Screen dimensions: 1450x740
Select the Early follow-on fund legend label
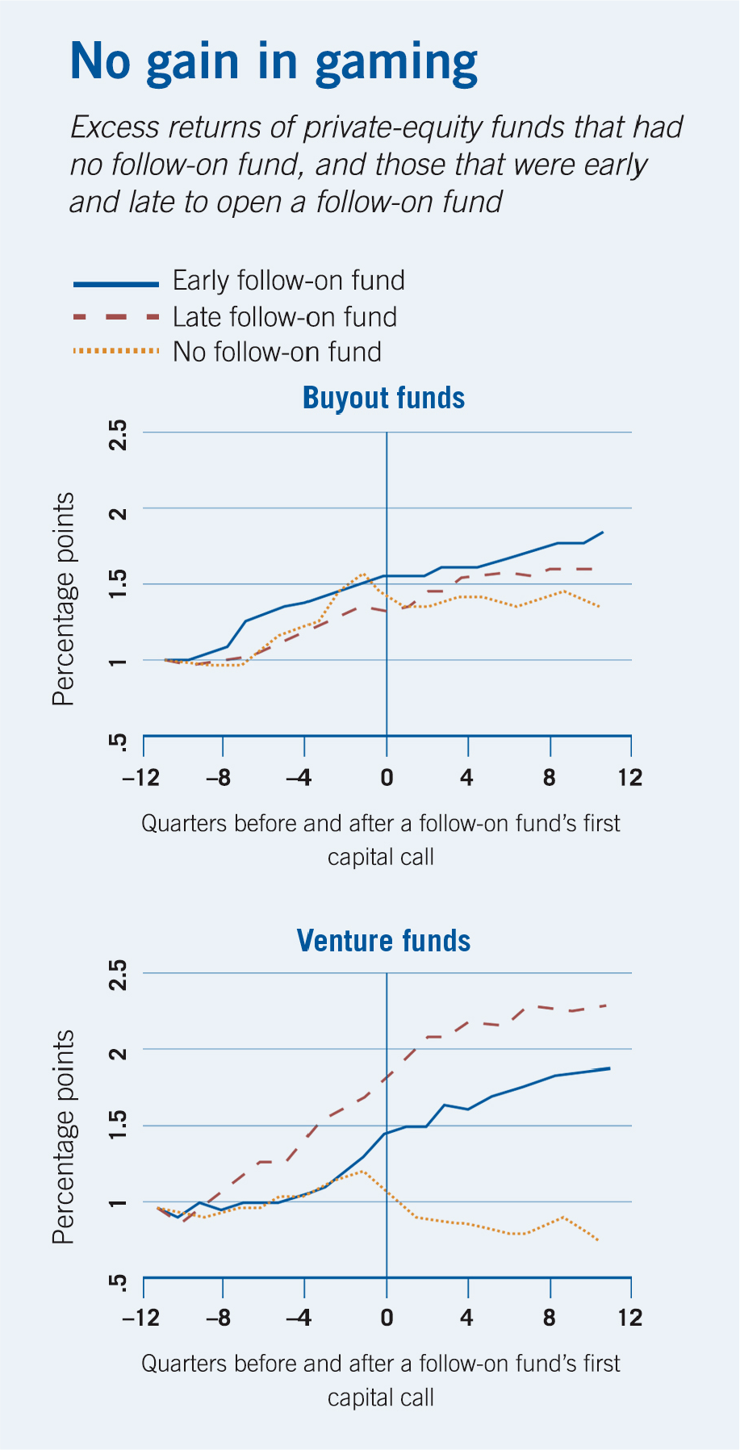click(288, 281)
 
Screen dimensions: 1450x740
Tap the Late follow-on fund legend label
click(284, 317)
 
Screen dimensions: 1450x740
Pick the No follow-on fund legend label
click(277, 353)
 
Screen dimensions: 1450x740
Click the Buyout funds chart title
click(383, 398)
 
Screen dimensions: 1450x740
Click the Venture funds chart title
click(383, 941)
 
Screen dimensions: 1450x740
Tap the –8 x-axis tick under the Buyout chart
click(218, 778)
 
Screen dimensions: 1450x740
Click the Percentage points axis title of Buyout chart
click(63, 599)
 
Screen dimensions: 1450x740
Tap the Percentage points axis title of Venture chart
click(63, 1137)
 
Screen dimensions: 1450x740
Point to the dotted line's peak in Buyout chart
click(364, 574)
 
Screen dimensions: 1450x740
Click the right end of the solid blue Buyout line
click(603, 532)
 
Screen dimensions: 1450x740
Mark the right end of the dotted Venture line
click(598, 1240)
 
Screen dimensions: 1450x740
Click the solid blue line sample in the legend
click(115, 284)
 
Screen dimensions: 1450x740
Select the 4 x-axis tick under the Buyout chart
click(466, 778)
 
